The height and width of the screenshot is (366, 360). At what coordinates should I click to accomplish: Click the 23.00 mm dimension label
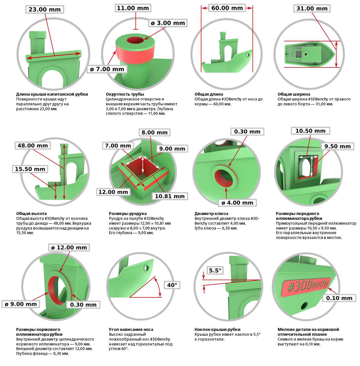45,9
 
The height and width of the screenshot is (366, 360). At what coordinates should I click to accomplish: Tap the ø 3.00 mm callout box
168,23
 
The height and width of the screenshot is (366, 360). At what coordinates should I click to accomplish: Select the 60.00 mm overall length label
227,8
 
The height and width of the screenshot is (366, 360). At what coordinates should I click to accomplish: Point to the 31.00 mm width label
312,9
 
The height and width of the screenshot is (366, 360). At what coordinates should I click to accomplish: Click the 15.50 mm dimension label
30,169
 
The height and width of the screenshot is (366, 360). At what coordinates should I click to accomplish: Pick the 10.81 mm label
170,196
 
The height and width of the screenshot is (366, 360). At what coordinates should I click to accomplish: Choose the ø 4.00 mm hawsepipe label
237,203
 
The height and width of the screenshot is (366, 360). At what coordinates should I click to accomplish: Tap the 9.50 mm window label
337,146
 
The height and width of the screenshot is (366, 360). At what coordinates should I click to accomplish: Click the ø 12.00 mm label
69,248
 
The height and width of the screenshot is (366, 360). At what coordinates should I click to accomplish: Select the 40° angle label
172,285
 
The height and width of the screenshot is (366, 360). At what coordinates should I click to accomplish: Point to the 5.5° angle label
215,270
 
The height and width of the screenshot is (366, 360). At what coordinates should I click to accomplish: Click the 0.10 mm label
339,298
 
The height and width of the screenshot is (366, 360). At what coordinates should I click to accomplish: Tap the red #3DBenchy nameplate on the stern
306,287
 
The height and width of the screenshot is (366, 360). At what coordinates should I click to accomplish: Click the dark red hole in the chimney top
135,40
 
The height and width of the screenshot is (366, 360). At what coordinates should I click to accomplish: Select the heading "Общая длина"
209,94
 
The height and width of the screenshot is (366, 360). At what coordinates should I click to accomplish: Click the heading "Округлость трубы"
125,94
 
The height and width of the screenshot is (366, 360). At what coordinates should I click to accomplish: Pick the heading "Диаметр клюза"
211,214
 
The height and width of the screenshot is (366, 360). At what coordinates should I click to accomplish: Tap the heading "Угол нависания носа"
131,329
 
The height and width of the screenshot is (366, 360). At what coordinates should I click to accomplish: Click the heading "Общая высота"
31,214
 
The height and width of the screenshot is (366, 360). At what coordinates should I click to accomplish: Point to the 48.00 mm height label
33,146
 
